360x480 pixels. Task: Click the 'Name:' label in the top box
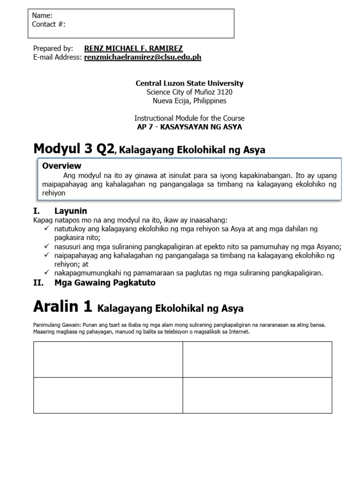point(42,15)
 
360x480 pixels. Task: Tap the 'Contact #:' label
point(49,24)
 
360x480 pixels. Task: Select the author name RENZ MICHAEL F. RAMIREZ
point(133,48)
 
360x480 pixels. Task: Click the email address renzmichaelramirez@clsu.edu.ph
point(142,57)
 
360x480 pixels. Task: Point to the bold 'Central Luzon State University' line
point(189,83)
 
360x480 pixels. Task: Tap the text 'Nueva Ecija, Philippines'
point(189,101)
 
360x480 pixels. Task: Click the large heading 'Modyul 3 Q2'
point(74,149)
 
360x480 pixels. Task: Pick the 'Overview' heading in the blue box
point(61,165)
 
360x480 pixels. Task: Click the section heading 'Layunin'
point(70,211)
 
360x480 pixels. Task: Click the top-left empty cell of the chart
point(108,359)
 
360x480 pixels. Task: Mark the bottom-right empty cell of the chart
point(257,395)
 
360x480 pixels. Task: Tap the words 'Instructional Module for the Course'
point(189,118)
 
